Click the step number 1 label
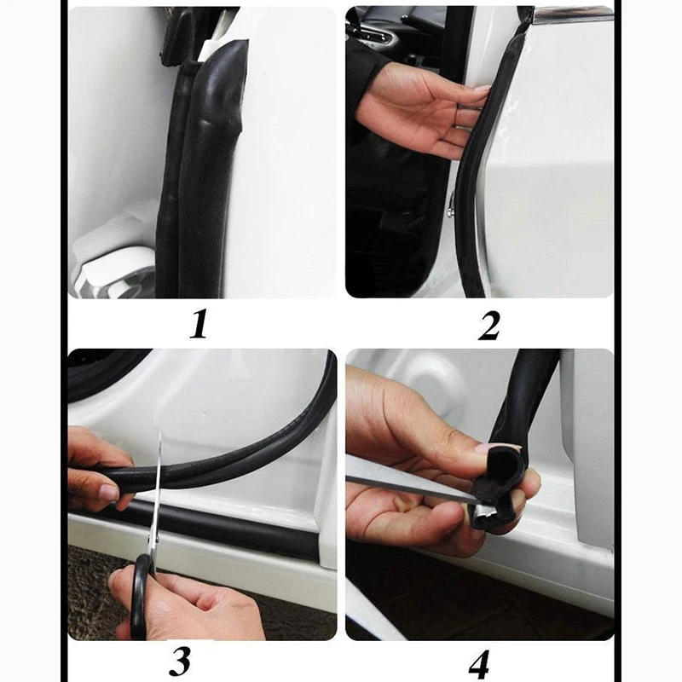[x=198, y=325]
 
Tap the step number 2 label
[x=488, y=326]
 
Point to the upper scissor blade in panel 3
[x=160, y=460]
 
